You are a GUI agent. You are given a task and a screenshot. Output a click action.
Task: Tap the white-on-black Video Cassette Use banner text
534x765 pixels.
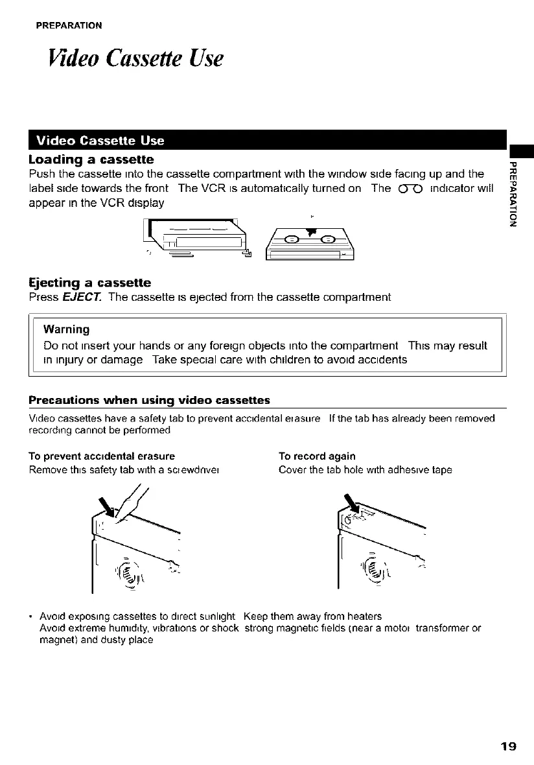[x=100, y=141]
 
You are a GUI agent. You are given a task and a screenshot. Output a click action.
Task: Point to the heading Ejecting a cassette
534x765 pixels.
[x=90, y=283]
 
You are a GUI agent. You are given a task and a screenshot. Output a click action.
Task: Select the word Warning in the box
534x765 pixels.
[x=66, y=329]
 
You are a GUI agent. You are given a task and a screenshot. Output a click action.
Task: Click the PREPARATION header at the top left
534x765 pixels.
[x=68, y=26]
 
